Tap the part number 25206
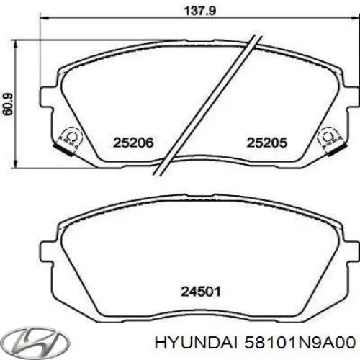pyautogui.click(x=133, y=143)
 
